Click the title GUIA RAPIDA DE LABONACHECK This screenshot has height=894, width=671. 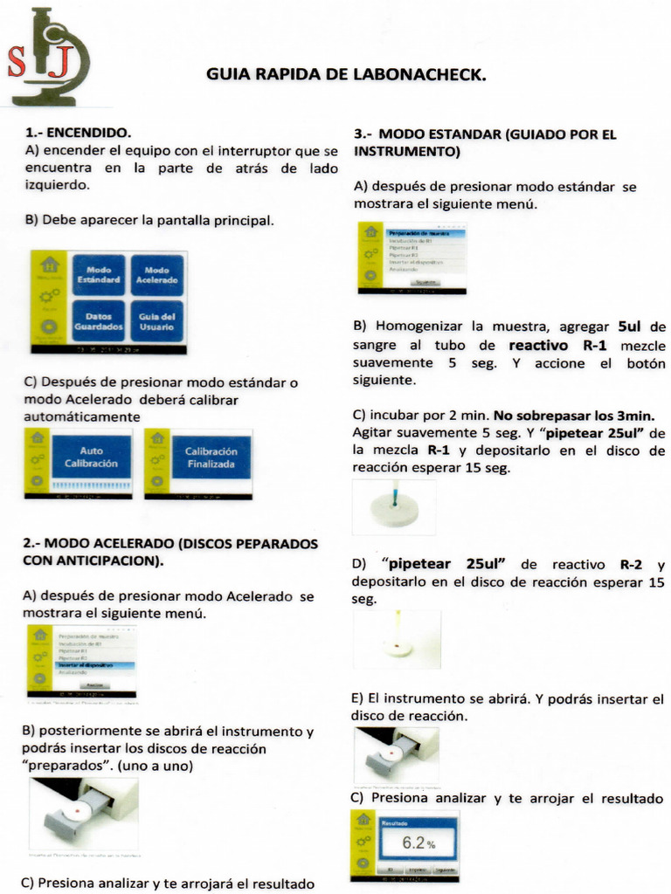point(346,75)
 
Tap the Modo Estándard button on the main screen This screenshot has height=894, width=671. point(99,275)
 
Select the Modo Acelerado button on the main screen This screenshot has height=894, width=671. point(156,275)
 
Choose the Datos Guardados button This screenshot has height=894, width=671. point(99,321)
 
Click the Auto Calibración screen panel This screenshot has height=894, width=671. point(92,457)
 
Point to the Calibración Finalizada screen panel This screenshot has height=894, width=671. point(210,457)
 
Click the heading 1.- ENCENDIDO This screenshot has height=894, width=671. point(79,134)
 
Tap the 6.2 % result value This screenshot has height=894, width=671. point(418,843)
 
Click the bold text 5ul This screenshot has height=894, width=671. point(629,327)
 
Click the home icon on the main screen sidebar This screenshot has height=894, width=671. point(50,265)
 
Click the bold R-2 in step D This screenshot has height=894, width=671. point(631,565)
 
